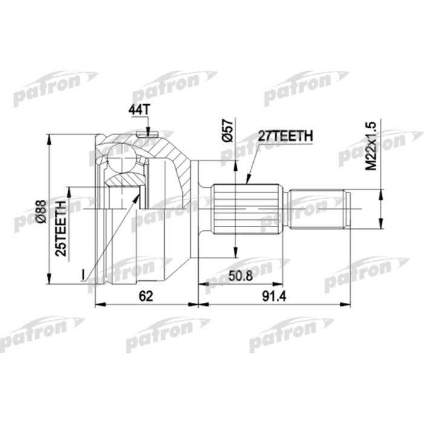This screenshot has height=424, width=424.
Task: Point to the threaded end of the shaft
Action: tap(318, 210)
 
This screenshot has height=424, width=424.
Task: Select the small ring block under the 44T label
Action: tap(144, 133)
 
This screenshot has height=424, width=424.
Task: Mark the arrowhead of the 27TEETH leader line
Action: tap(247, 181)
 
